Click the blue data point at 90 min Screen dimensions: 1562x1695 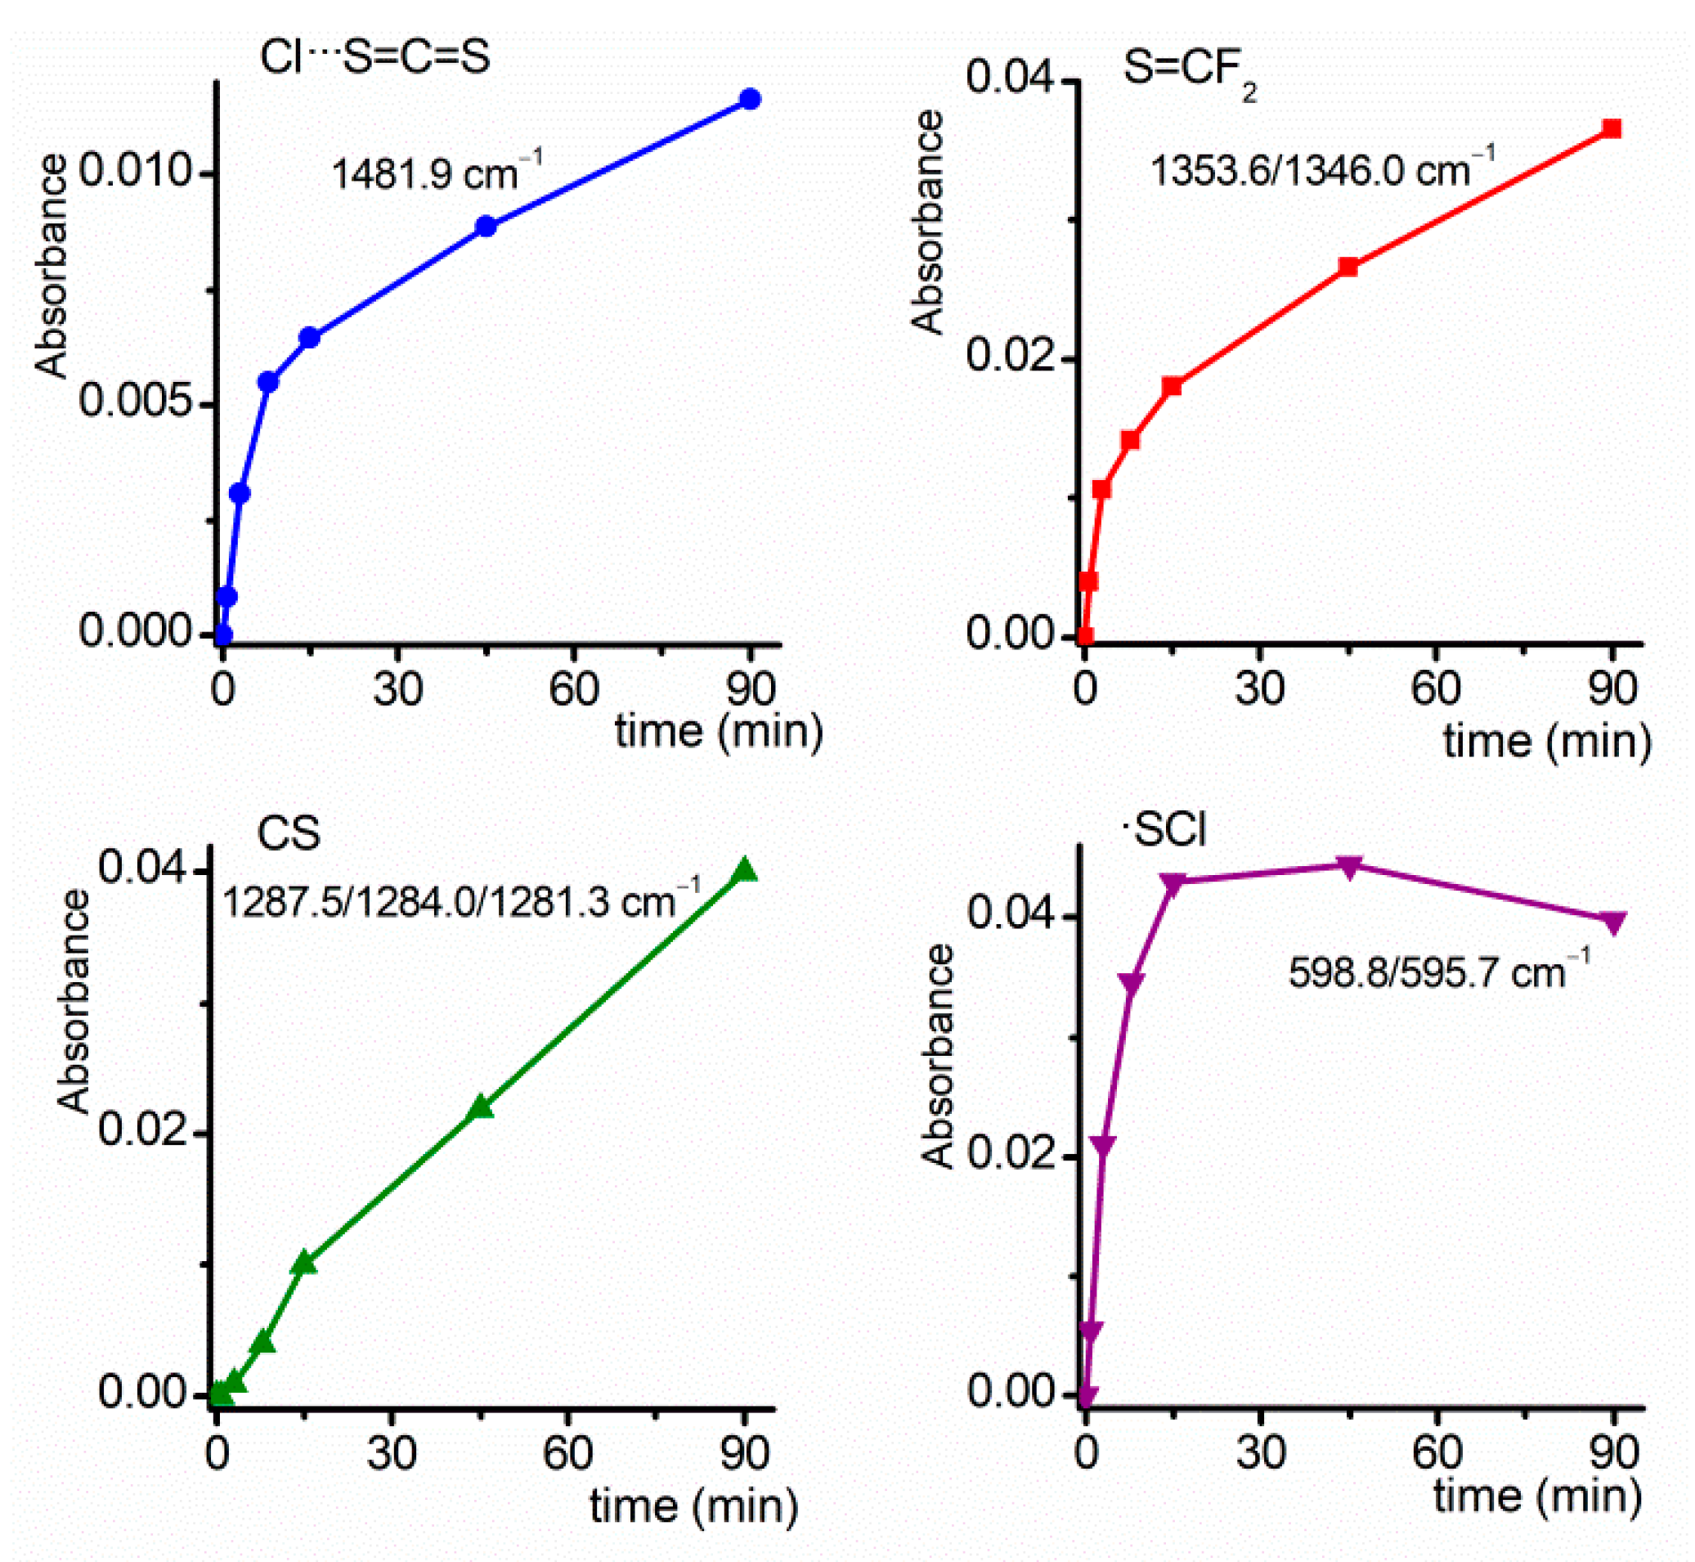click(x=751, y=100)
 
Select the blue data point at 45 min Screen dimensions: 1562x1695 click(x=486, y=227)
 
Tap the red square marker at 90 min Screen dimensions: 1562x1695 click(x=1612, y=128)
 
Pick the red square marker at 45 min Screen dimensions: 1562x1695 click(x=1348, y=267)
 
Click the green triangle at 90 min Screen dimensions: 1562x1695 click(x=744, y=872)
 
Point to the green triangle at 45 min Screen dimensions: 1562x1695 click(x=481, y=1108)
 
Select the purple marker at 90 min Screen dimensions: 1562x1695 click(x=1614, y=922)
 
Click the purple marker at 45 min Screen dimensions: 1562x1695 click(x=1350, y=867)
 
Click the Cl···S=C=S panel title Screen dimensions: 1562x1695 click(x=375, y=57)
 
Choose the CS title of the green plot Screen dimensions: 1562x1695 click(x=288, y=834)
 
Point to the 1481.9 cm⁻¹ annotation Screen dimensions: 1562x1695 click(x=436, y=173)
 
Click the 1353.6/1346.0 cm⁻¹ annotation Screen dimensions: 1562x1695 click(x=1322, y=169)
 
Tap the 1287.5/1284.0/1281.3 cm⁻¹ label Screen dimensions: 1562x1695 click(x=461, y=901)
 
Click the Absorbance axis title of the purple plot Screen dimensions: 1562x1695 click(x=939, y=1057)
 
